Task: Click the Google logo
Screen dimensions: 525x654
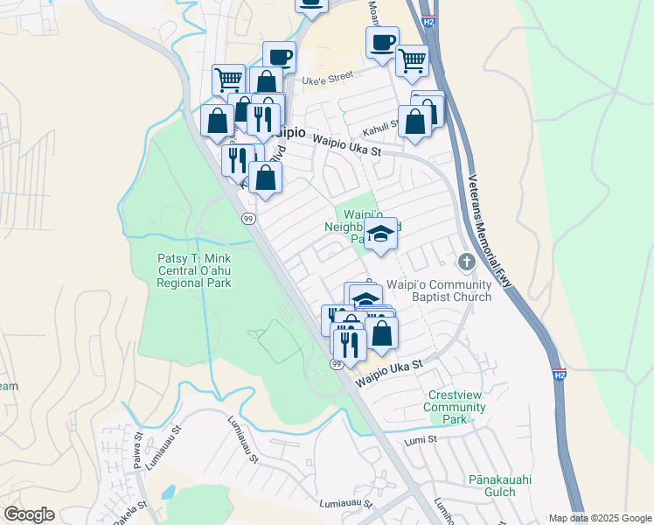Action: coord(29,514)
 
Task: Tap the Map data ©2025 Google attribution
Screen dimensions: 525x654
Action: coord(600,518)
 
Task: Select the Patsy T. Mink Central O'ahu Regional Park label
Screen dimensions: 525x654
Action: coord(194,270)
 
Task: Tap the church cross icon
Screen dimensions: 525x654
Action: coord(466,262)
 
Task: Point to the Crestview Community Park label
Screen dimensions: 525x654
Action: coord(454,407)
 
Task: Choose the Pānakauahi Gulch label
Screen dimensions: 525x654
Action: coord(500,486)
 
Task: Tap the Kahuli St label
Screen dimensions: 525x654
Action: coord(380,125)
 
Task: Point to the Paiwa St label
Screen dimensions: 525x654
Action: coord(138,450)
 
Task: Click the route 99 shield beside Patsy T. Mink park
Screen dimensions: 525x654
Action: coord(248,220)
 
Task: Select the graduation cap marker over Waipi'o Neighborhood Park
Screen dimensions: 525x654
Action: coord(380,234)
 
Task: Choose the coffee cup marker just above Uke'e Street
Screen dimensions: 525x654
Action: coord(279,57)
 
